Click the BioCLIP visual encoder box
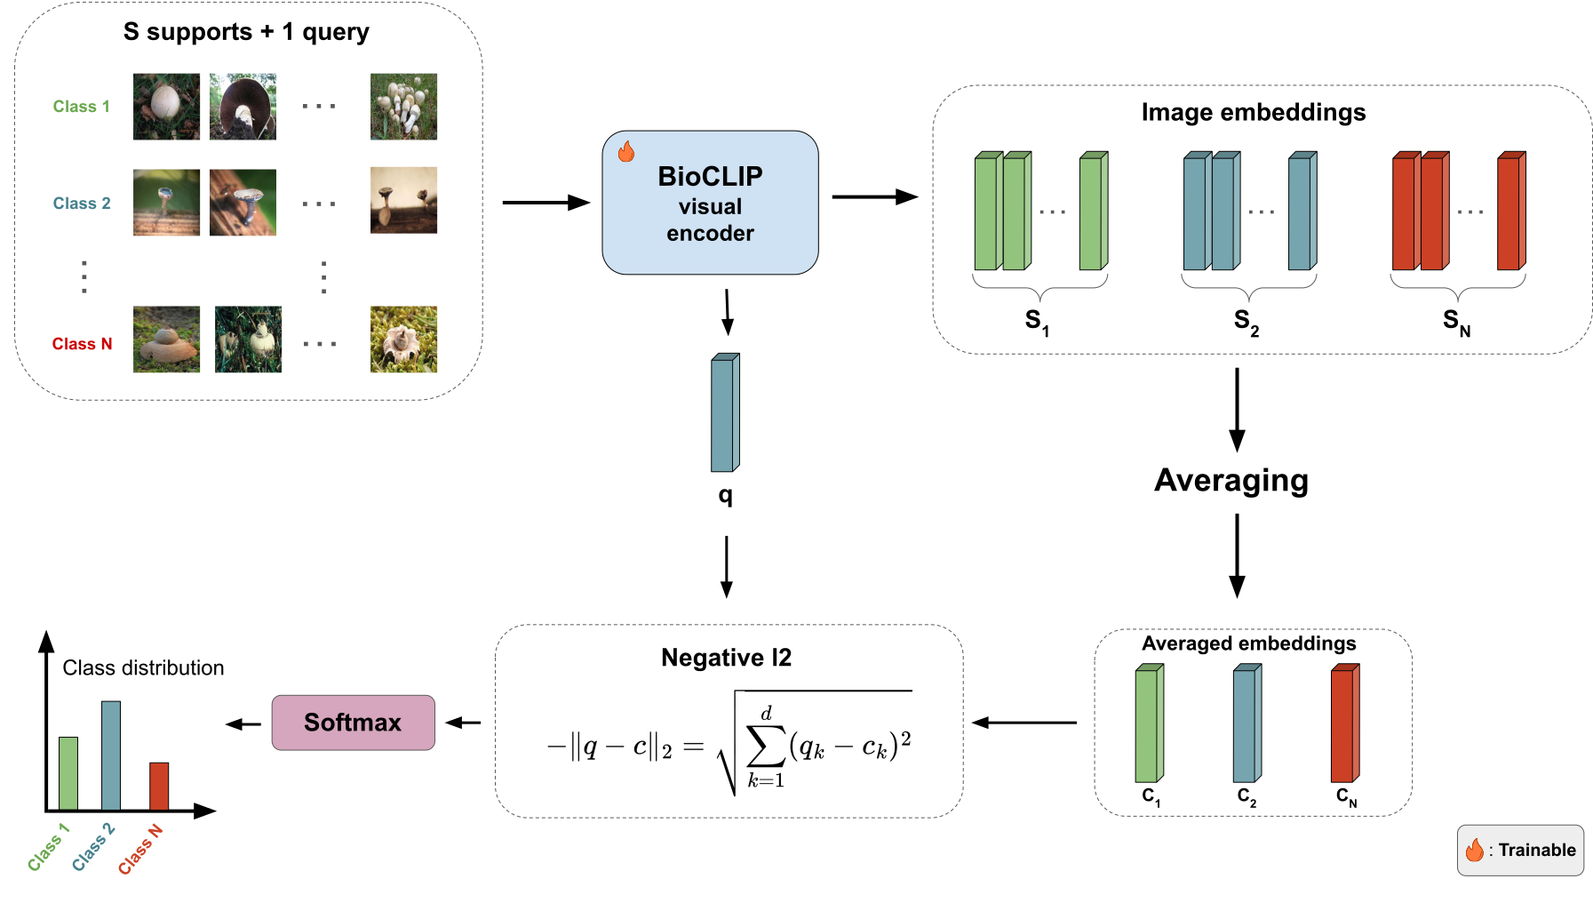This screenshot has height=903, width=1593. [x=710, y=204]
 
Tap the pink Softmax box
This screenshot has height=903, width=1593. [x=353, y=723]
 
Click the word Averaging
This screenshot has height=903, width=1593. [x=1231, y=481]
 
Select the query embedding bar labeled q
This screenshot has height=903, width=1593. [x=725, y=413]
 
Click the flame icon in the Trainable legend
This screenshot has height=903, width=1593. [x=1475, y=851]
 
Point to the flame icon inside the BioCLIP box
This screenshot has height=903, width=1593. [x=626, y=152]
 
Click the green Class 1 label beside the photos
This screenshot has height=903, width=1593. [x=81, y=107]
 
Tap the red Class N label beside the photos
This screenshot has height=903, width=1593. [x=82, y=344]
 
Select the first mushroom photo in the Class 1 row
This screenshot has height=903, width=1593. [x=166, y=107]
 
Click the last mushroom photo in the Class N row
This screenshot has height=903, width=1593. [x=403, y=340]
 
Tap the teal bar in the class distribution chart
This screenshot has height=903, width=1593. [x=111, y=755]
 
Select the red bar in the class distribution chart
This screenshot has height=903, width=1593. [x=159, y=786]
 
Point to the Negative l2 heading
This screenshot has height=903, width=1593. [x=726, y=658]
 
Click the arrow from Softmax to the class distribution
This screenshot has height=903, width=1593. [x=243, y=724]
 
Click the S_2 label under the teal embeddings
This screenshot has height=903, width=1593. [x=1246, y=321]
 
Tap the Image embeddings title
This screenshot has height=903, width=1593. [x=1253, y=113]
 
